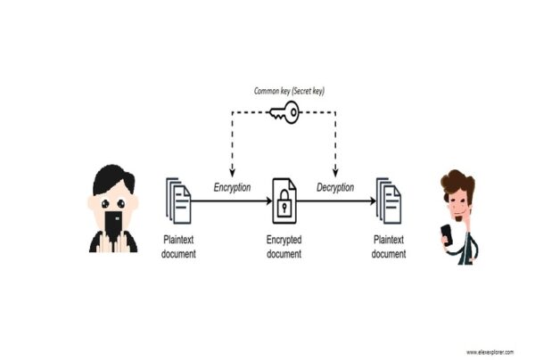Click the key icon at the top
284,113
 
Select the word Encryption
232,188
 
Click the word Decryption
336,188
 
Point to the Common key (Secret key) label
284,91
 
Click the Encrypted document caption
284,247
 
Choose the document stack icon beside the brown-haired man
389,200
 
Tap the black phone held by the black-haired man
112,222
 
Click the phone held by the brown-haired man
446,235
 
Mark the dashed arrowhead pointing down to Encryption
232,173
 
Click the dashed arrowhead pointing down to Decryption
336,173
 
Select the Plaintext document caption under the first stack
179,247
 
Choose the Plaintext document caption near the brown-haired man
389,247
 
